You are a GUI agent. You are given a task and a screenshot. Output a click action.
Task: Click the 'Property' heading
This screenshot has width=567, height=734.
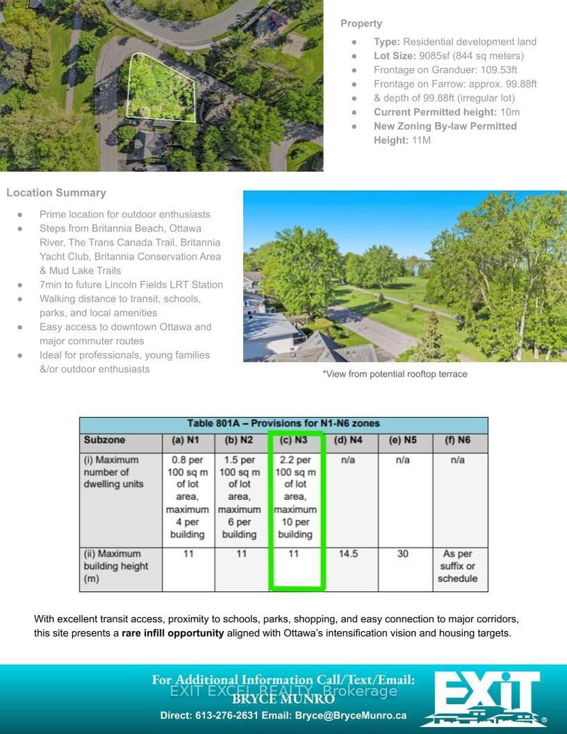pos(361,23)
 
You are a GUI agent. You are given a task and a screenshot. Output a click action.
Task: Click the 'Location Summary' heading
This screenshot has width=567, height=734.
pos(56,193)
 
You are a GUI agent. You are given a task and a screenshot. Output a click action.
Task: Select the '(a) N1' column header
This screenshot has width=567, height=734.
pos(188,440)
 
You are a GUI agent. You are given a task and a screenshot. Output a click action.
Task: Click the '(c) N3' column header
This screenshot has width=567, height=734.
pos(295,440)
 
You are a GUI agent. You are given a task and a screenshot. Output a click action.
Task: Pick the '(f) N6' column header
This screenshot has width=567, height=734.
pos(457,440)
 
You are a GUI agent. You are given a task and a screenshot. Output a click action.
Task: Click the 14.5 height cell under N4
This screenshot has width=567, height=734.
pos(348,554)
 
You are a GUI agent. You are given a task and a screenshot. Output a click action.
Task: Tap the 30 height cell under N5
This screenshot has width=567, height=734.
pos(403,554)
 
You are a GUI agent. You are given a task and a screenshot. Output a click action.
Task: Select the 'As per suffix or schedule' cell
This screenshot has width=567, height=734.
pos(457,566)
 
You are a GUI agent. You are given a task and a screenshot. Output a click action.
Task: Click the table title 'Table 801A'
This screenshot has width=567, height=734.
pos(283,423)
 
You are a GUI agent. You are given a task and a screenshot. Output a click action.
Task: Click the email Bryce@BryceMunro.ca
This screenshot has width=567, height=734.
pos(351,716)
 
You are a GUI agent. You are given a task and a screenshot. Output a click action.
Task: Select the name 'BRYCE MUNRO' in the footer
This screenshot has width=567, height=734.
pos(283,699)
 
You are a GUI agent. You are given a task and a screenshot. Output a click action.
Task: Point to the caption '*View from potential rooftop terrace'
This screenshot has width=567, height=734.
pos(395,374)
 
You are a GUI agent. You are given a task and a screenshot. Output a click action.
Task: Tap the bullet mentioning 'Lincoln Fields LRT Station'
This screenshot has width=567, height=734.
pos(131,284)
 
